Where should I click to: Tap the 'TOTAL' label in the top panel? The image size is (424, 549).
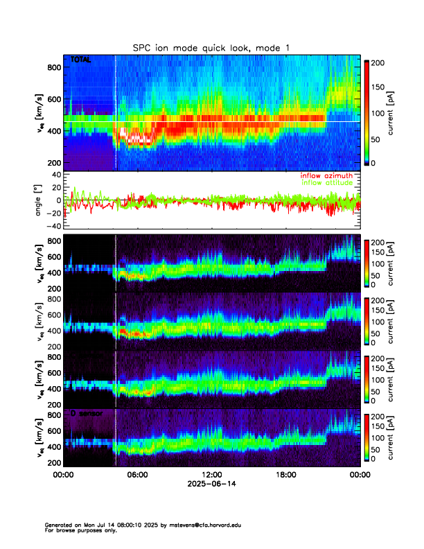(x=81, y=60)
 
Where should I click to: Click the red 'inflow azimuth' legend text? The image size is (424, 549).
(x=326, y=176)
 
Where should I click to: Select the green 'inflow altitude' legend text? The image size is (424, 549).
(x=327, y=183)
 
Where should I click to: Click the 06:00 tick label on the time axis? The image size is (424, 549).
(x=137, y=475)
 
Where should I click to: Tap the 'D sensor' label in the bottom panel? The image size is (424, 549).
(x=86, y=413)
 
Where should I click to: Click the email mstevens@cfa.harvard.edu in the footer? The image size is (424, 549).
(x=204, y=525)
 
